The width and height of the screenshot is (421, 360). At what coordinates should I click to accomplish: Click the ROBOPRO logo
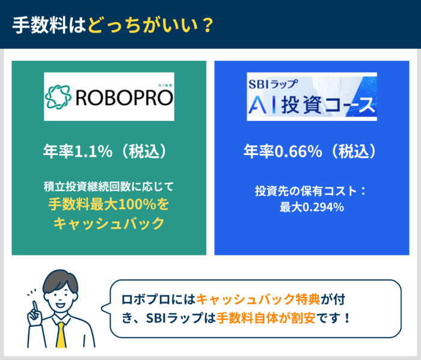point(109,96)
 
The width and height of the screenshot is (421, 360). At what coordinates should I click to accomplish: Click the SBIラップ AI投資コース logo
point(312,97)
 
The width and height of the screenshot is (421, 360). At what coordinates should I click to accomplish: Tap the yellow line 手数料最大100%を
point(109,204)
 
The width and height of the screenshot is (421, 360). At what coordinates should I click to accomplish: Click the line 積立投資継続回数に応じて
point(109,186)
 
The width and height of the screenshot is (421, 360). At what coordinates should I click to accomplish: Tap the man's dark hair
point(60,279)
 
